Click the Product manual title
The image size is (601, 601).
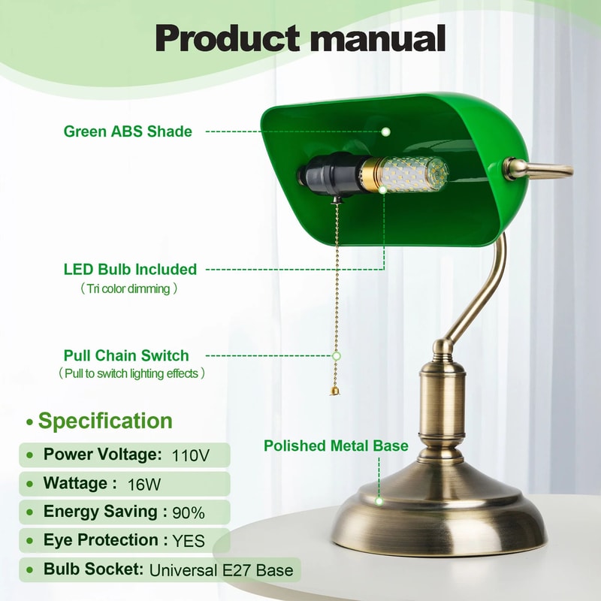(x=300, y=38)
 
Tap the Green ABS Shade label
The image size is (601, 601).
(x=128, y=131)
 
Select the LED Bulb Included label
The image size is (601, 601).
(x=130, y=269)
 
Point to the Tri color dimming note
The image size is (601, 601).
(x=129, y=288)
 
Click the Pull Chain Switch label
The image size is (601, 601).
(x=126, y=355)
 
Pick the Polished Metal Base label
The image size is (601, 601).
(x=336, y=446)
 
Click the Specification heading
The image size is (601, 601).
(x=105, y=421)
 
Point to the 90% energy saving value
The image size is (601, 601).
(x=188, y=513)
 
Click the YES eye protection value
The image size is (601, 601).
(x=189, y=540)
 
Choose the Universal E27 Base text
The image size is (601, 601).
(x=222, y=569)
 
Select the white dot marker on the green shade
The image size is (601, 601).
(x=385, y=131)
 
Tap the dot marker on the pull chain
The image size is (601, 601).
(x=336, y=355)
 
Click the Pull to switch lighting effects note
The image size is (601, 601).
(x=131, y=373)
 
